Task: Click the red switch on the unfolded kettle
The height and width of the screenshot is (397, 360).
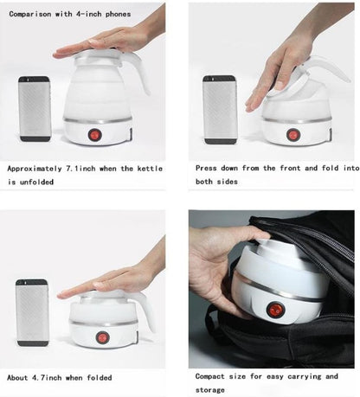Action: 94,135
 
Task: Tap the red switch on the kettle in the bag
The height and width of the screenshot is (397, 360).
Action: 275,310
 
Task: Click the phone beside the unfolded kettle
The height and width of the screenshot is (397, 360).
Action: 35,109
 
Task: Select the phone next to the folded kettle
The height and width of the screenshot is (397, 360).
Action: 32,312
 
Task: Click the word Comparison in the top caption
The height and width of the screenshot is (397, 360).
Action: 30,14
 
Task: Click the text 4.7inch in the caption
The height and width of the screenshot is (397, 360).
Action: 47,377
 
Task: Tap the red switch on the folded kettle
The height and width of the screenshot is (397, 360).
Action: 102,337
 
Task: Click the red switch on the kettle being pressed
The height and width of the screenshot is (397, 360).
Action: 292,135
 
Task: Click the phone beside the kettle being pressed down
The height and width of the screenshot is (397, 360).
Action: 220,110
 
